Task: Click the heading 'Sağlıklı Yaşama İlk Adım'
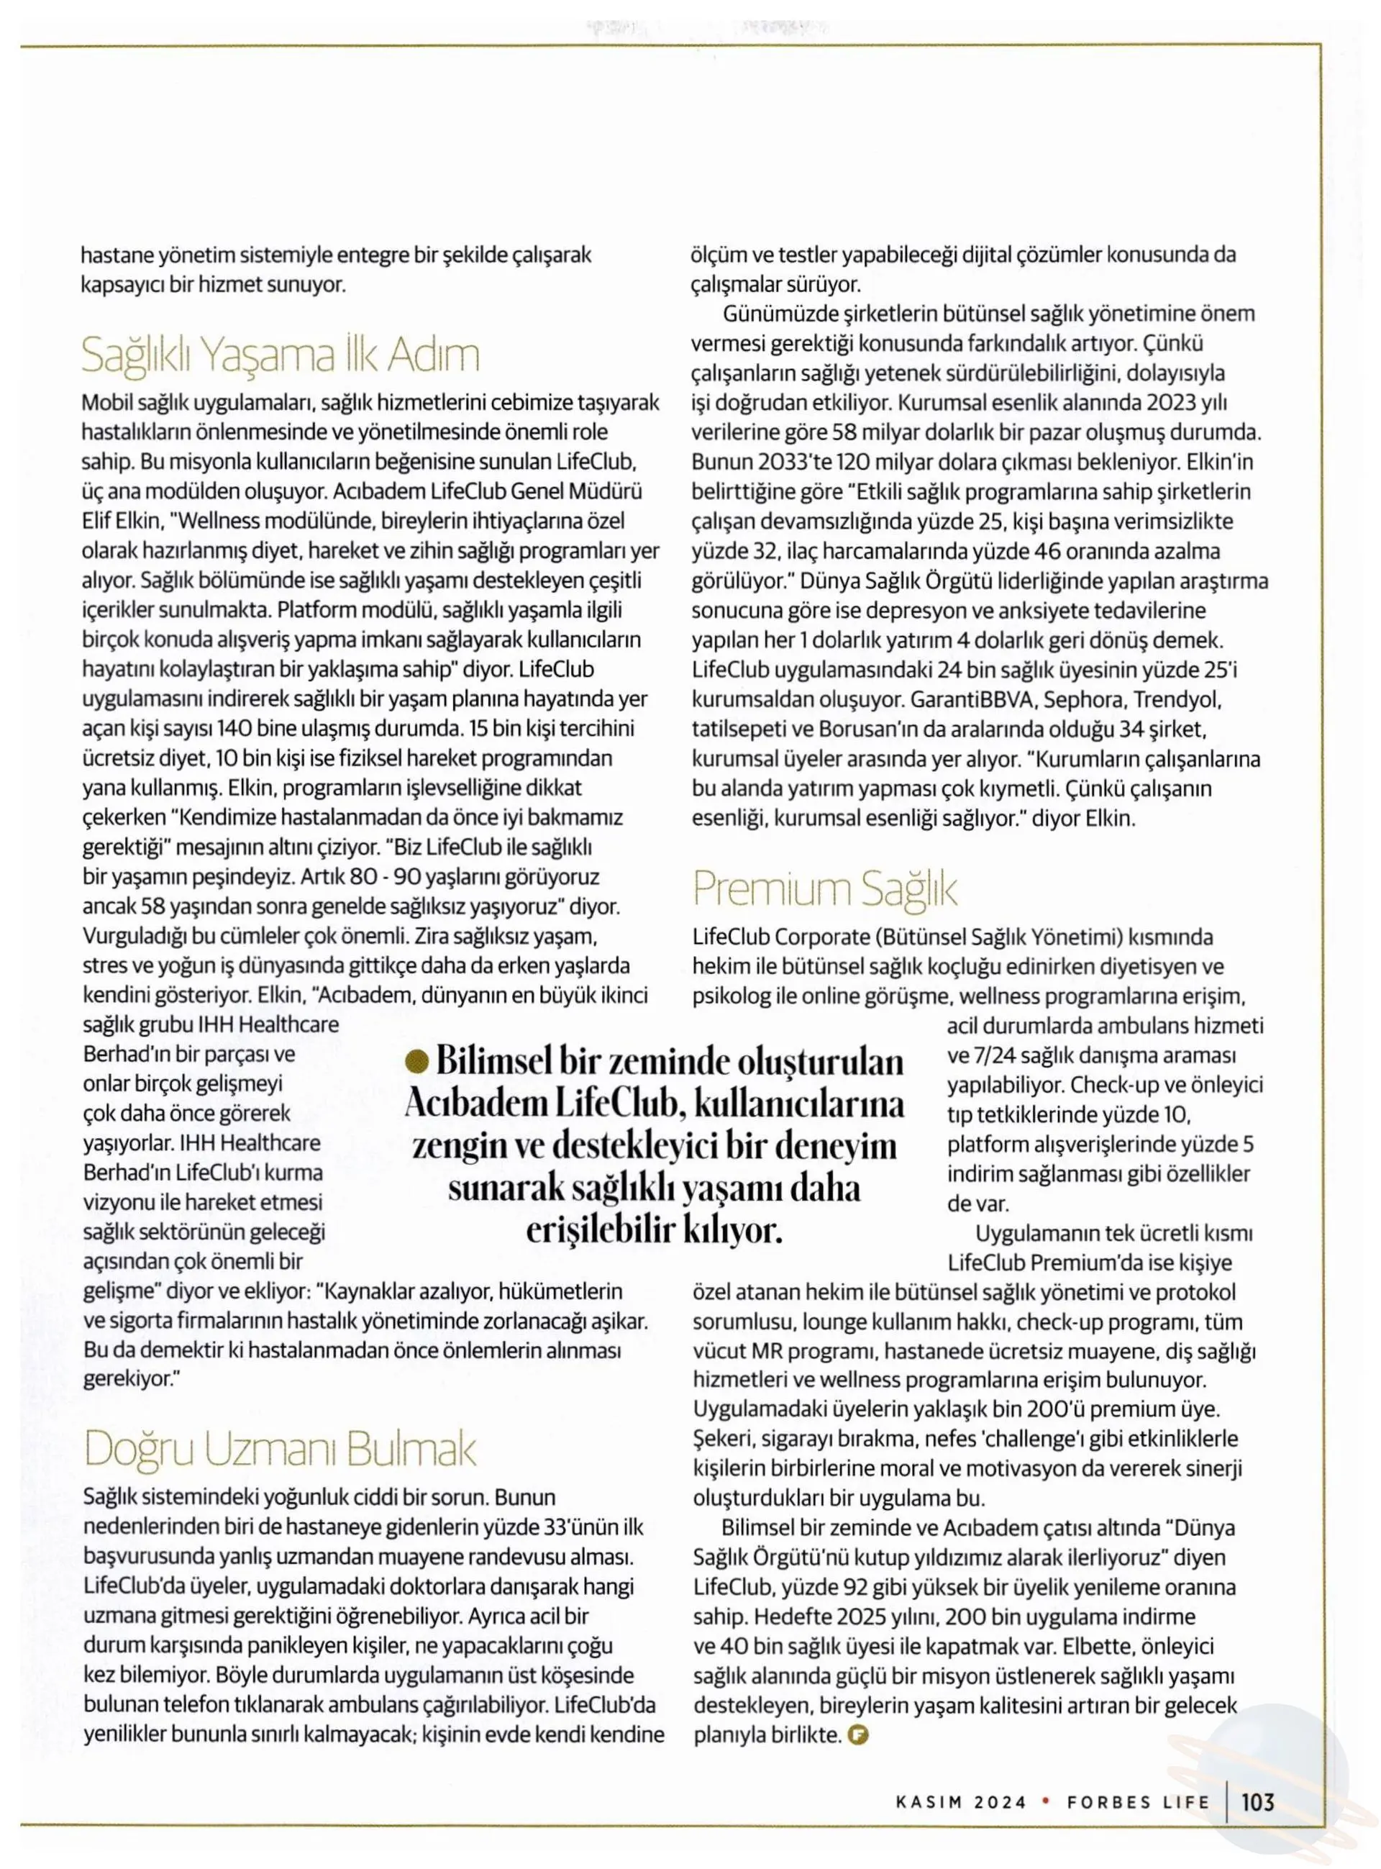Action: (x=280, y=355)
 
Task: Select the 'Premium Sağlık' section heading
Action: (x=824, y=888)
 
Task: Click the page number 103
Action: (x=1257, y=1801)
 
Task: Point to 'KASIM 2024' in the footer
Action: (x=960, y=1802)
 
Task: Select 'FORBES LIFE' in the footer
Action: (x=1138, y=1802)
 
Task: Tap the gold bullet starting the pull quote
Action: (x=413, y=1063)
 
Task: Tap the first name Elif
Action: (x=97, y=522)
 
